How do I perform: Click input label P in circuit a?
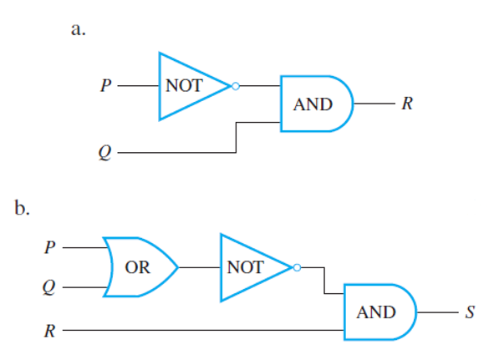[105, 85]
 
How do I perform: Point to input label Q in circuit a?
[104, 153]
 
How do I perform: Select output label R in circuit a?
[407, 104]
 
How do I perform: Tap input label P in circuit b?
[50, 247]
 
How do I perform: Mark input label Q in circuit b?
[49, 287]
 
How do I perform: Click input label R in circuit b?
[50, 331]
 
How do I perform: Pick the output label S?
[470, 312]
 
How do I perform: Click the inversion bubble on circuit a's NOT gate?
[236, 86]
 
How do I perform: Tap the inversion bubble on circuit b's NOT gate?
[298, 267]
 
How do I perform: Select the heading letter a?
[79, 30]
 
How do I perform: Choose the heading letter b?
[22, 207]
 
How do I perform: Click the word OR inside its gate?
[138, 267]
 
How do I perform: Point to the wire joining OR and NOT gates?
[200, 267]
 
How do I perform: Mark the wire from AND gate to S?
[437, 312]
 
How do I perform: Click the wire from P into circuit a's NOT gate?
[138, 86]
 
